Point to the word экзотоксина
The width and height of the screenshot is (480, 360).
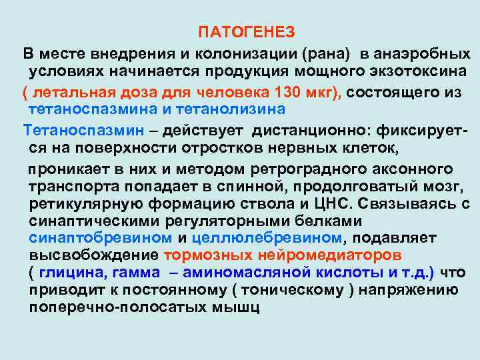point(411,71)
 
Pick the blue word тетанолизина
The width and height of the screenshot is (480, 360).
point(231,109)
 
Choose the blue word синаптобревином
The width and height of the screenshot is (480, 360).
point(100,238)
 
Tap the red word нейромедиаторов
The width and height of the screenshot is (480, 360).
point(318,256)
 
